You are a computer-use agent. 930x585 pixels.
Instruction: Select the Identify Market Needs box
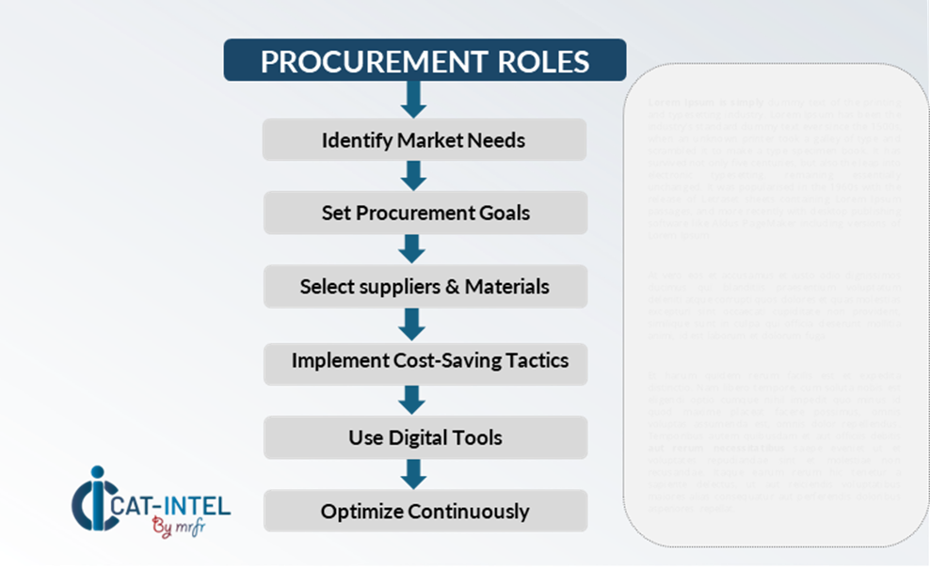tap(425, 140)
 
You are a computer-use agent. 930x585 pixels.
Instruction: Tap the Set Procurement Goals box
tap(425, 213)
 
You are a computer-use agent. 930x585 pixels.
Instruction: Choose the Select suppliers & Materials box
tap(425, 286)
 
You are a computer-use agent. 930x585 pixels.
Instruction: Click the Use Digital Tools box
tap(425, 437)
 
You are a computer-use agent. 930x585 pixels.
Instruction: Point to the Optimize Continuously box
tap(425, 512)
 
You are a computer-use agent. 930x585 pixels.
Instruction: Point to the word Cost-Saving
tap(451, 361)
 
